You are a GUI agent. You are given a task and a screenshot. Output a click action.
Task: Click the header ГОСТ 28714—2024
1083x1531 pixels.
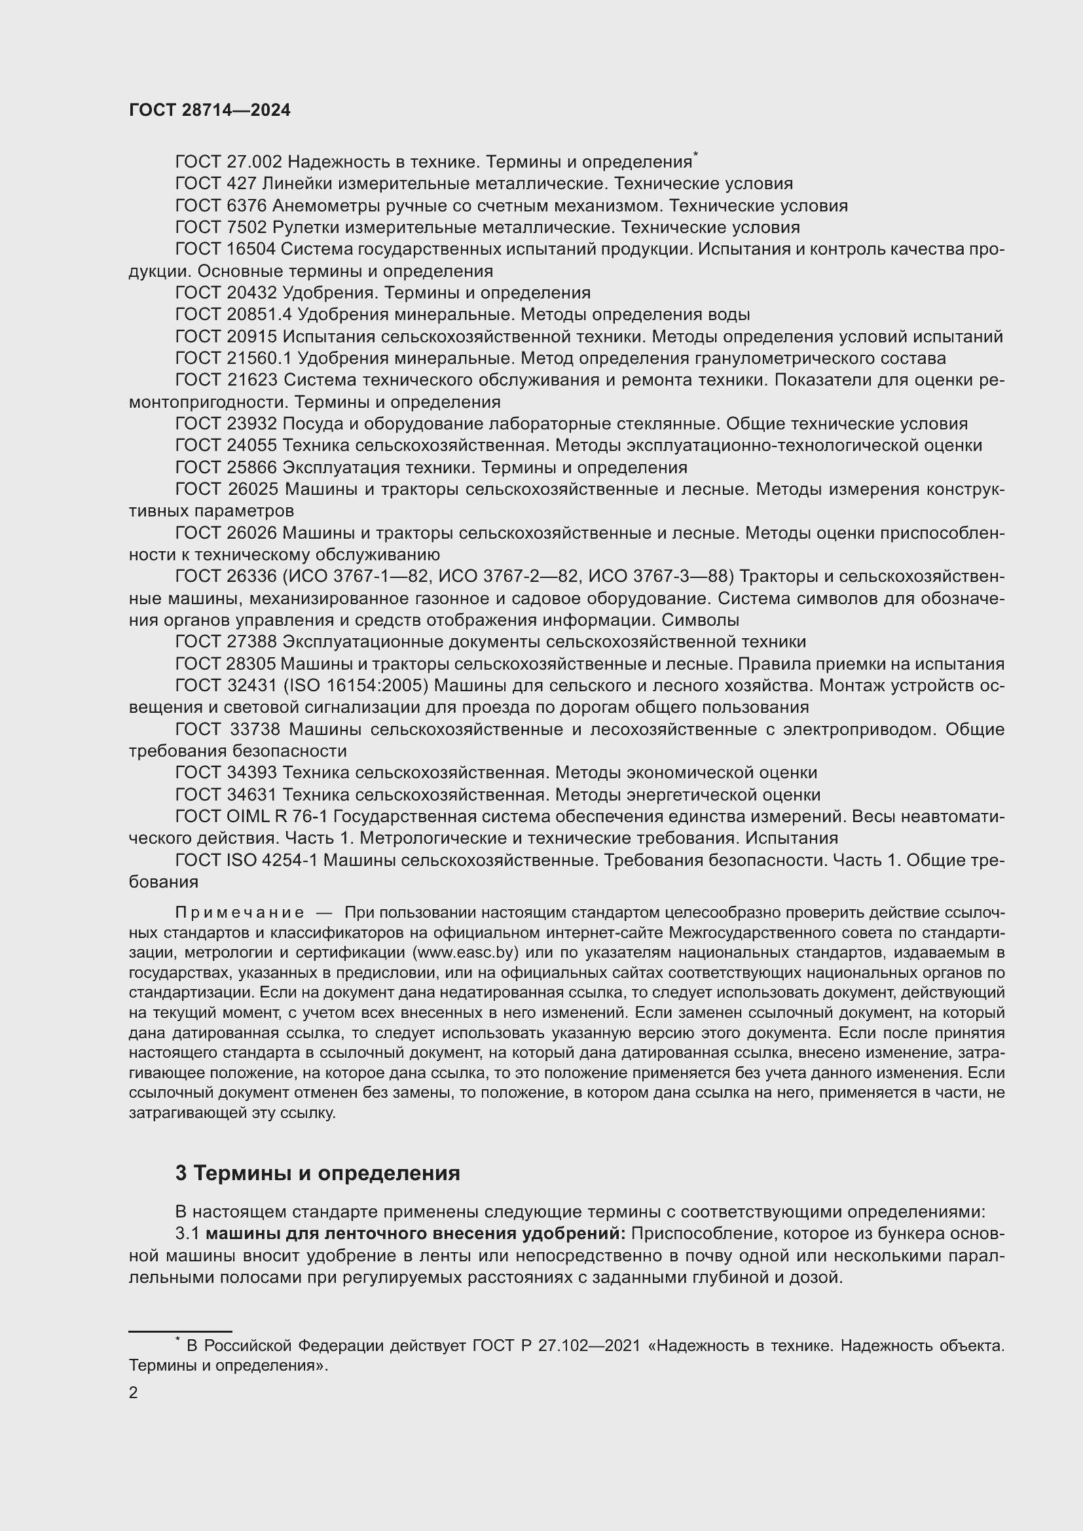click(x=210, y=111)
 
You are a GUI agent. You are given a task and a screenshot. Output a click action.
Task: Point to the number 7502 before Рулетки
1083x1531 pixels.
click(x=247, y=227)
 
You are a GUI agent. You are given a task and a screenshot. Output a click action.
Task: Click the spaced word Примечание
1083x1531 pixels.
click(x=240, y=912)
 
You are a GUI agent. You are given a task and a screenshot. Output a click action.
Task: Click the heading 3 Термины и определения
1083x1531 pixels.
click(x=318, y=1173)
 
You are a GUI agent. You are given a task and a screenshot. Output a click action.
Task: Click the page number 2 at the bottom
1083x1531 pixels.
click(x=134, y=1393)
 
